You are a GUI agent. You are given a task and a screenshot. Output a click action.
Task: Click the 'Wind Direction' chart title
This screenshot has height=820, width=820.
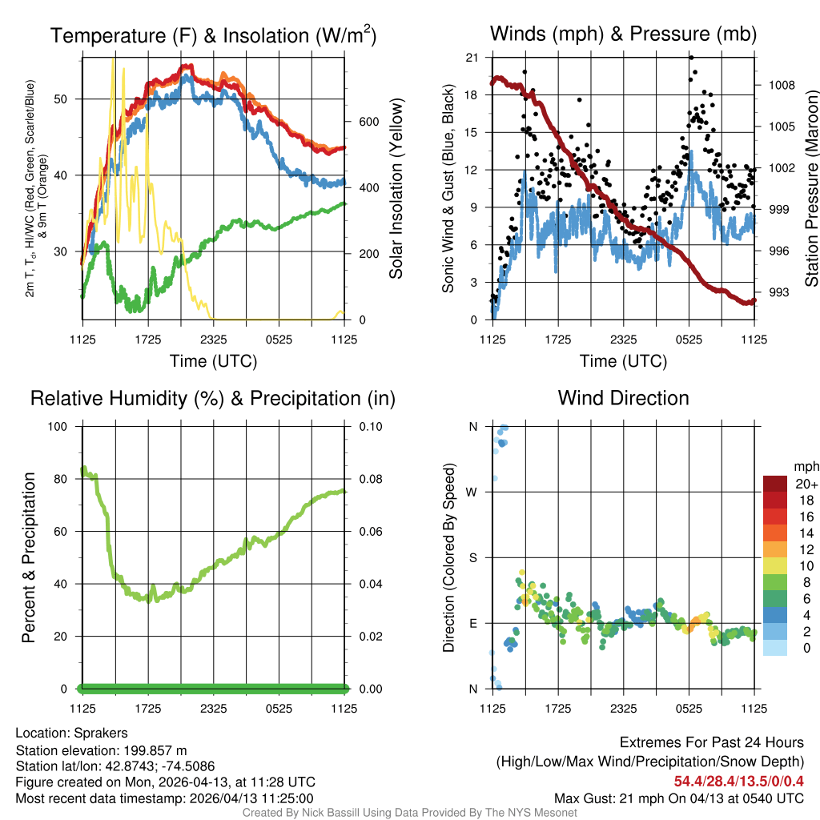(x=623, y=398)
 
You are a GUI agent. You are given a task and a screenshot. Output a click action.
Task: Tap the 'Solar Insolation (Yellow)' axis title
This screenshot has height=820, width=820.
(x=396, y=189)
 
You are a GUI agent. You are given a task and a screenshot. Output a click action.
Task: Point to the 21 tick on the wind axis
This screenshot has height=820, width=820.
(x=472, y=58)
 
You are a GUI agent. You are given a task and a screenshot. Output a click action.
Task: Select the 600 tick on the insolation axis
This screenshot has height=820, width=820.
(x=368, y=122)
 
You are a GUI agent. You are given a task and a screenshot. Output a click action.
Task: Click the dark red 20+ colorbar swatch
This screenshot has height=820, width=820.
(x=775, y=484)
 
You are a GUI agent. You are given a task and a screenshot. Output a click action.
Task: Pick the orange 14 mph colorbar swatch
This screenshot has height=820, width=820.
(x=775, y=533)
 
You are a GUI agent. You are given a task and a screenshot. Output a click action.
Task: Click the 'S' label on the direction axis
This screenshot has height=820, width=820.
(x=472, y=557)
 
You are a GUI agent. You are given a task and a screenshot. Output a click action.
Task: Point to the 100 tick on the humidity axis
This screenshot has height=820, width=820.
(x=58, y=426)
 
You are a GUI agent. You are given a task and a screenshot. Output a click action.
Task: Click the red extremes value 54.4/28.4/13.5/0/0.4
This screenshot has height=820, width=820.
(x=738, y=781)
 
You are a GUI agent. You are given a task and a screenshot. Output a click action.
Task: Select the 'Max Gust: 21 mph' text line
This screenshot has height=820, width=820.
(x=679, y=798)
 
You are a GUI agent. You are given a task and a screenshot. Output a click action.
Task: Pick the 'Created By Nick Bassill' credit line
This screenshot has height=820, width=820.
(x=410, y=813)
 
